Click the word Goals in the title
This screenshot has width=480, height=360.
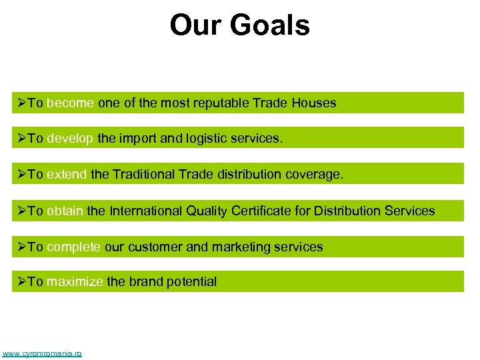pos(271,25)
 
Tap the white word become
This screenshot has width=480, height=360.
pos(71,103)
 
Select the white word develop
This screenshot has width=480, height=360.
pos(71,139)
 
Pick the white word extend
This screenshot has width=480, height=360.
pos(67,175)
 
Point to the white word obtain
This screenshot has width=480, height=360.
pos(65,211)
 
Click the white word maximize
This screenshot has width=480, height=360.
pos(75,282)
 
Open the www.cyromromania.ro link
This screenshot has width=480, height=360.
pos(42,353)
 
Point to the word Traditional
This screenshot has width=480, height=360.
pos(145,175)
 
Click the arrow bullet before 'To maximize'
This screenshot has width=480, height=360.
pos(21,282)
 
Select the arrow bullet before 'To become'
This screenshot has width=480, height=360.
pos(21,103)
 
